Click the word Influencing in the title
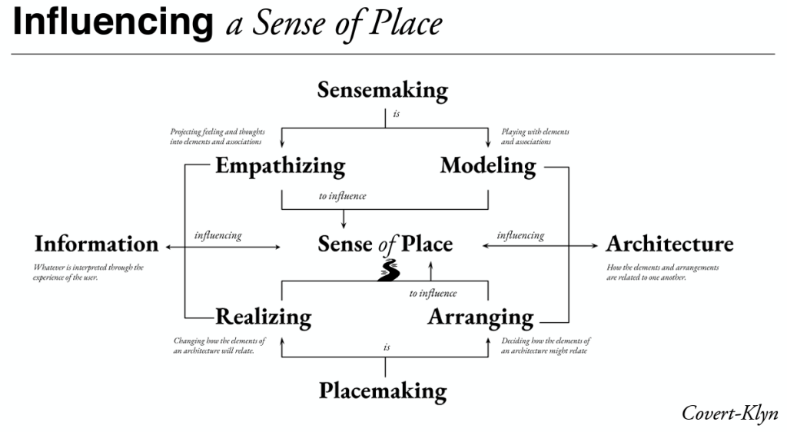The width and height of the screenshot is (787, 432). coord(113,23)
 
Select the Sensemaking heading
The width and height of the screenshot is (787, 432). coord(383,90)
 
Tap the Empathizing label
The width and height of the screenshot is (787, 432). coord(280,166)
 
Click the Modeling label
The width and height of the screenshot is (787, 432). coord(488,165)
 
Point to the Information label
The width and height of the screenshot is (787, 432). coord(96,244)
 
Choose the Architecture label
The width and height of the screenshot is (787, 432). coord(669,244)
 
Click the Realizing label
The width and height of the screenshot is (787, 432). coord(263,317)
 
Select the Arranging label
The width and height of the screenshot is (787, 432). coord(480,317)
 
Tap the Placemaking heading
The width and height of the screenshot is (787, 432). coord(383,390)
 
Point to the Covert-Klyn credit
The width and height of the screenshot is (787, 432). coord(729,413)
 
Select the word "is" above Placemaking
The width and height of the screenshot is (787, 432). coord(387,347)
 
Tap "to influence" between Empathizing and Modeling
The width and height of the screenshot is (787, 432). coord(342,196)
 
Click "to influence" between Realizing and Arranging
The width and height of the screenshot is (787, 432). coord(433,293)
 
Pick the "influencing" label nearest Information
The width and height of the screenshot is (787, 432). coord(218,236)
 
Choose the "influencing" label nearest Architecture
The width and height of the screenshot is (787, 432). coord(520,235)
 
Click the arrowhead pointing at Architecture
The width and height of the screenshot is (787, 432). coord(593,246)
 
